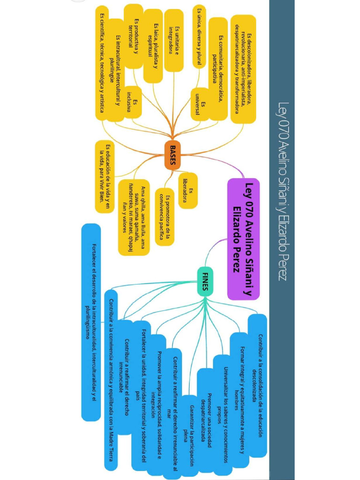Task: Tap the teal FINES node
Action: point(205,280)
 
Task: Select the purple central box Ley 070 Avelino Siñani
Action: point(243,239)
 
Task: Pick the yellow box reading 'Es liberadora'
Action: point(187,191)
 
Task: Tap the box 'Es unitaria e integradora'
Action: point(173,40)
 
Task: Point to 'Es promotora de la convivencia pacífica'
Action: point(164,218)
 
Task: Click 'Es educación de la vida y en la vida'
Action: point(105,176)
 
